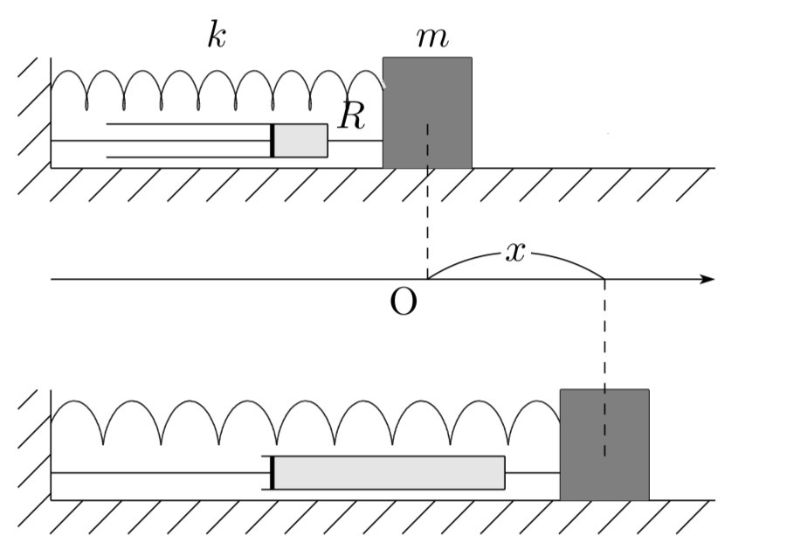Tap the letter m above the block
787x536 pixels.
point(432,37)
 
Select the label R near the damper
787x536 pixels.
point(351,115)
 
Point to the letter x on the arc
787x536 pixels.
point(516,253)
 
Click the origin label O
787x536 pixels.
point(403,303)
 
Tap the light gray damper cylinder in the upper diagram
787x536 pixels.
point(301,141)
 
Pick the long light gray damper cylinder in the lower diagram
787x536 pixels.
point(389,472)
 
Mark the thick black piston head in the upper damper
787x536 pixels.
point(273,141)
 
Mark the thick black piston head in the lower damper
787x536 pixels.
point(273,472)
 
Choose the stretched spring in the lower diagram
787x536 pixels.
point(306,420)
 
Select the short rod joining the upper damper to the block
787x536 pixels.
point(355,141)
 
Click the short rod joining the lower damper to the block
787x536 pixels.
point(532,472)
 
